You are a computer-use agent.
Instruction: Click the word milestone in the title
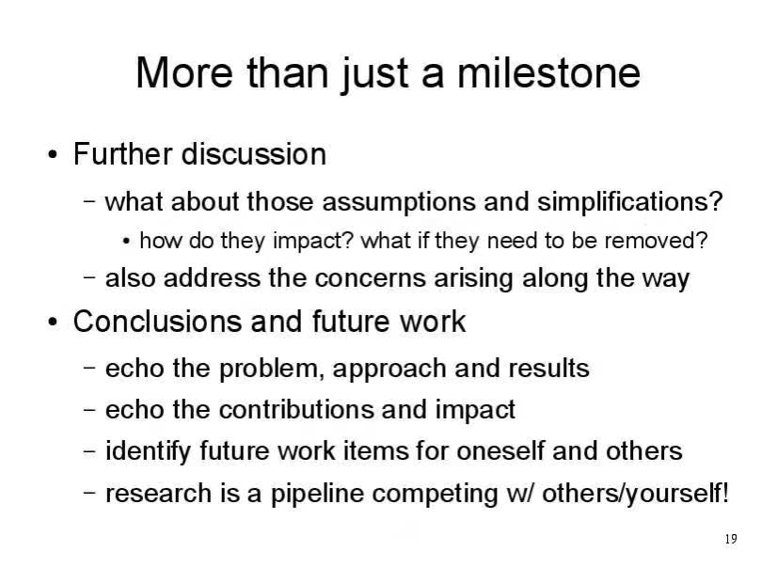tap(548, 72)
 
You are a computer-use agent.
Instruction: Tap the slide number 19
tap(731, 539)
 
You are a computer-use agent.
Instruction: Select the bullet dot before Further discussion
tap(53, 155)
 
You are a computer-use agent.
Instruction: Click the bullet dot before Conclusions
tap(53, 323)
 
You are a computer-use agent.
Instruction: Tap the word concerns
tap(371, 278)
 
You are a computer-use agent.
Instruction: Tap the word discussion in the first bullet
tap(254, 154)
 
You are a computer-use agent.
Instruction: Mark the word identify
tap(148, 451)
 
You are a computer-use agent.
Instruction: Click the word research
tap(159, 494)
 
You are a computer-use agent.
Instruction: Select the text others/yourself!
tap(635, 494)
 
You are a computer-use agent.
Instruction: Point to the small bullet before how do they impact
tap(126, 242)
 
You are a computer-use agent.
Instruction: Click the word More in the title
tap(183, 72)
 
